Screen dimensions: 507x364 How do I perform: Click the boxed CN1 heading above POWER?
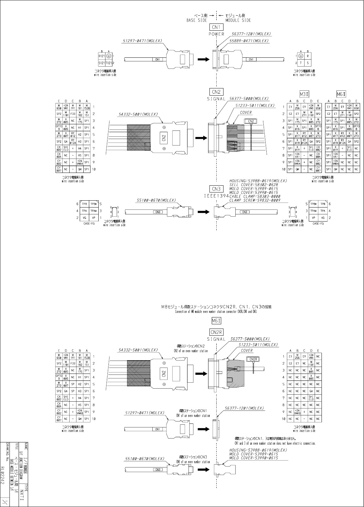click(x=216, y=27)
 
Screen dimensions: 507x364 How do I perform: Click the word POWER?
click(x=216, y=34)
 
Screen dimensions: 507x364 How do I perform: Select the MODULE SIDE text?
click(x=238, y=20)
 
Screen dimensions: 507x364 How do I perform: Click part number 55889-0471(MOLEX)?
click(x=249, y=41)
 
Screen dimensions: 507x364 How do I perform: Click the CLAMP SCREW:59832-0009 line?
click(x=255, y=200)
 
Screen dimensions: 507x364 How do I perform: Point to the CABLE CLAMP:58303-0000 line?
click(x=255, y=196)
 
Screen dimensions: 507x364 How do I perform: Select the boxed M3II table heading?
click(x=306, y=94)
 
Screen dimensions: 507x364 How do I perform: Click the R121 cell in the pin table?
click(x=102, y=56)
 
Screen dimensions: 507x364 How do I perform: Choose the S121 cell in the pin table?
click(x=102, y=63)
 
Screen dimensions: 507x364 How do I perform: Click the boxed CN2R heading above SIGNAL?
click(x=216, y=332)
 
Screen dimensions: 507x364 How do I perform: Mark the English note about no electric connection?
click(x=275, y=443)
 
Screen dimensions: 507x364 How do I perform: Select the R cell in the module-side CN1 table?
click(x=307, y=56)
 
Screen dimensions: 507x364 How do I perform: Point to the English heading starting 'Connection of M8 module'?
click(x=216, y=312)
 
